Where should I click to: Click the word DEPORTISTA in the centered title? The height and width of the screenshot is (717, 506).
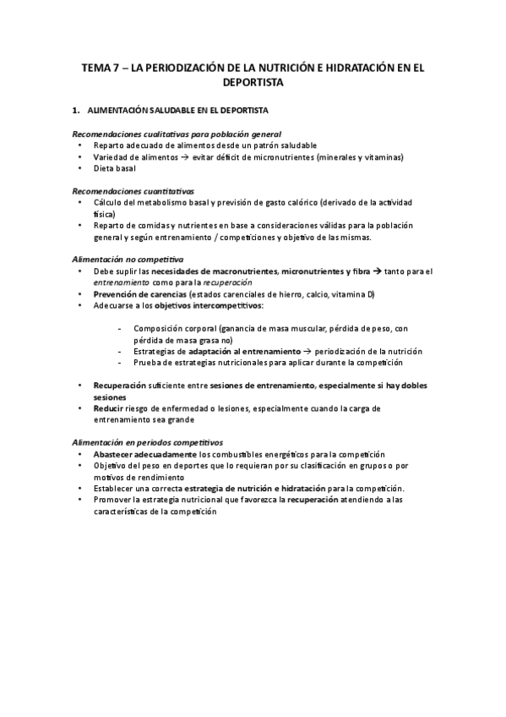coord(253,83)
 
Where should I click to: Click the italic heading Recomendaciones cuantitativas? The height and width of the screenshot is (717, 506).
coord(133,191)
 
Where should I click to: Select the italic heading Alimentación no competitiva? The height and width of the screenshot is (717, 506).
coord(128,259)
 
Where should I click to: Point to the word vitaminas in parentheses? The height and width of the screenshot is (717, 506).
coord(382,157)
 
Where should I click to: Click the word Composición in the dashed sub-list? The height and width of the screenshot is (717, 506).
coord(158,328)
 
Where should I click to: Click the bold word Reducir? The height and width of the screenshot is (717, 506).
coord(110,408)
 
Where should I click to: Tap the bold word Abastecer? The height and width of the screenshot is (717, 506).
coord(114,454)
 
